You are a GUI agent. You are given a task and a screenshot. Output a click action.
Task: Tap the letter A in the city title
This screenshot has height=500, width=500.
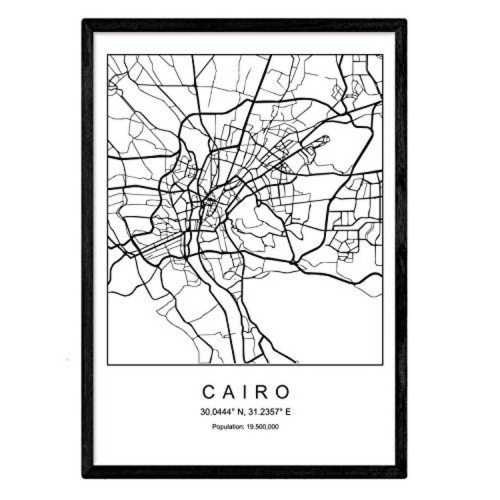[x=228, y=392]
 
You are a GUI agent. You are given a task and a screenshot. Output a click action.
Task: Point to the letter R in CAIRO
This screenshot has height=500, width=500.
[x=262, y=392]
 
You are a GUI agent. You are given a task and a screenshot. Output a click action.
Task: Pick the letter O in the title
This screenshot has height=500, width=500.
[x=283, y=392]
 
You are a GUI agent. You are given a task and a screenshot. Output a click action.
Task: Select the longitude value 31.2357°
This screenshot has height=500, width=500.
[x=263, y=412]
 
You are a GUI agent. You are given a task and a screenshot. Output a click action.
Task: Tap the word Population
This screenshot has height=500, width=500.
[x=227, y=426]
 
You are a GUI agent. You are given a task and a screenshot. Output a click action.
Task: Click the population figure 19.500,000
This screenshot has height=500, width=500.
[x=264, y=426]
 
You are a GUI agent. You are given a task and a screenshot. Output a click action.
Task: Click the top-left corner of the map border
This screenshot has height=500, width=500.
[x=107, y=55]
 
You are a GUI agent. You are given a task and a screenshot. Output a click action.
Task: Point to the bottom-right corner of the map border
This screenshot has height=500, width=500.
[x=382, y=365]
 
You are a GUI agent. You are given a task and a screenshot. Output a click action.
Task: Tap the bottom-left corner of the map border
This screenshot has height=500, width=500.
[x=107, y=365]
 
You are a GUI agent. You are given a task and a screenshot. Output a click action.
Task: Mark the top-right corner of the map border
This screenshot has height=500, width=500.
[x=382, y=55]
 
